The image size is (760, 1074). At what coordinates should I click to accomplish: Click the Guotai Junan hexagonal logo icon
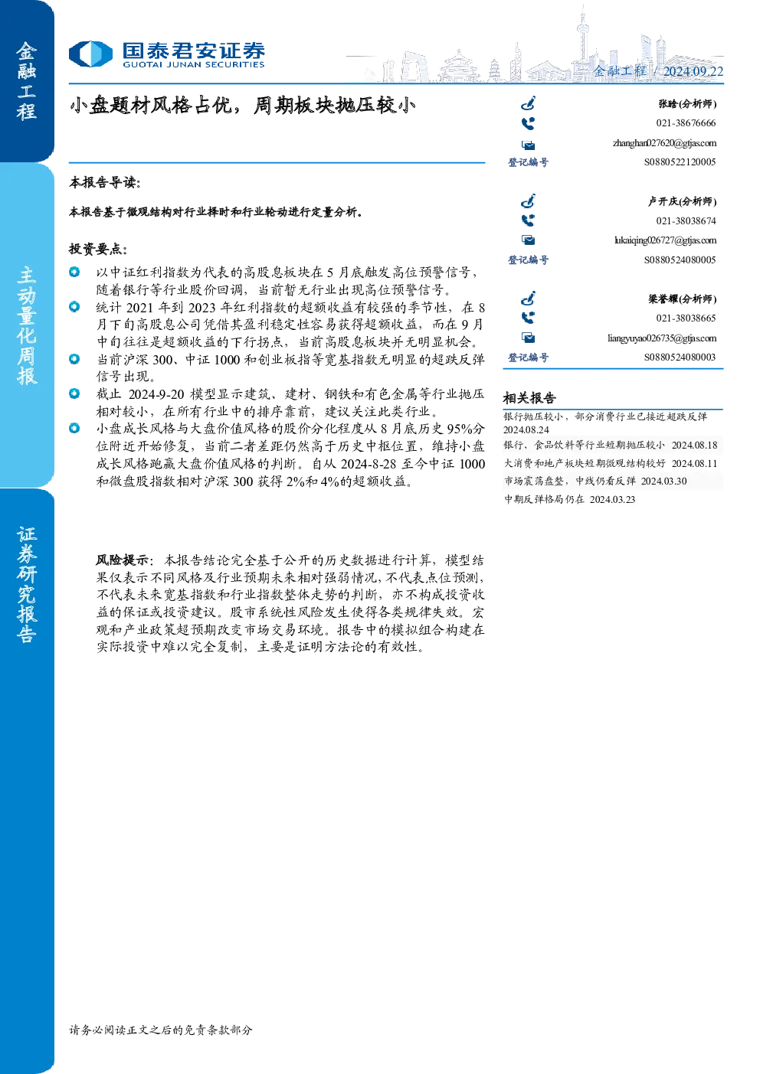click(90, 54)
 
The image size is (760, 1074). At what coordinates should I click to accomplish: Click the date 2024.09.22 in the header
click(693, 71)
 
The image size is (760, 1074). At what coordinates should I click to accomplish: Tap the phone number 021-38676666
click(686, 123)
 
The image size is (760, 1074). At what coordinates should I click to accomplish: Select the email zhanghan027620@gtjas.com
click(664, 143)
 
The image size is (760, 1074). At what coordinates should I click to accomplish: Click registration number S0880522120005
click(680, 162)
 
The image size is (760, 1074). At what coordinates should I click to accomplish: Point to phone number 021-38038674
click(686, 221)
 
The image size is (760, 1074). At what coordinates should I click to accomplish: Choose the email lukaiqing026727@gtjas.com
click(665, 240)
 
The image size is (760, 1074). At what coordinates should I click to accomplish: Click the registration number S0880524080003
click(680, 357)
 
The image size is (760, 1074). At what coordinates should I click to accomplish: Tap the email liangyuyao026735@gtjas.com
click(662, 338)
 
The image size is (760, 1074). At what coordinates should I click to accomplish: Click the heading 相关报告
click(529, 398)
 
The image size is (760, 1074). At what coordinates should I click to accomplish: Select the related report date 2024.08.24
click(526, 430)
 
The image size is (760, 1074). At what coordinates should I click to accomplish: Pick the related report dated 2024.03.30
click(595, 481)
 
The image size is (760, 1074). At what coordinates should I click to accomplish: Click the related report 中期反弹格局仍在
click(544, 499)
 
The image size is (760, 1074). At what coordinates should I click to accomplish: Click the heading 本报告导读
click(105, 182)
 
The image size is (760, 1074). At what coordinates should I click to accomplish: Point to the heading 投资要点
click(98, 249)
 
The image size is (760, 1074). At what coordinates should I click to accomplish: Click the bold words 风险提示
click(123, 560)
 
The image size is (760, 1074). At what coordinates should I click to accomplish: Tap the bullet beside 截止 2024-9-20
click(74, 393)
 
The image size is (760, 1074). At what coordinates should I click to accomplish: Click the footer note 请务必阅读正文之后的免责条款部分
click(161, 1030)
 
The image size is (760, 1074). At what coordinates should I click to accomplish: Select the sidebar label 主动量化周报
click(27, 325)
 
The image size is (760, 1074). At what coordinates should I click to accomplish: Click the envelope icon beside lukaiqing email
click(528, 240)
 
